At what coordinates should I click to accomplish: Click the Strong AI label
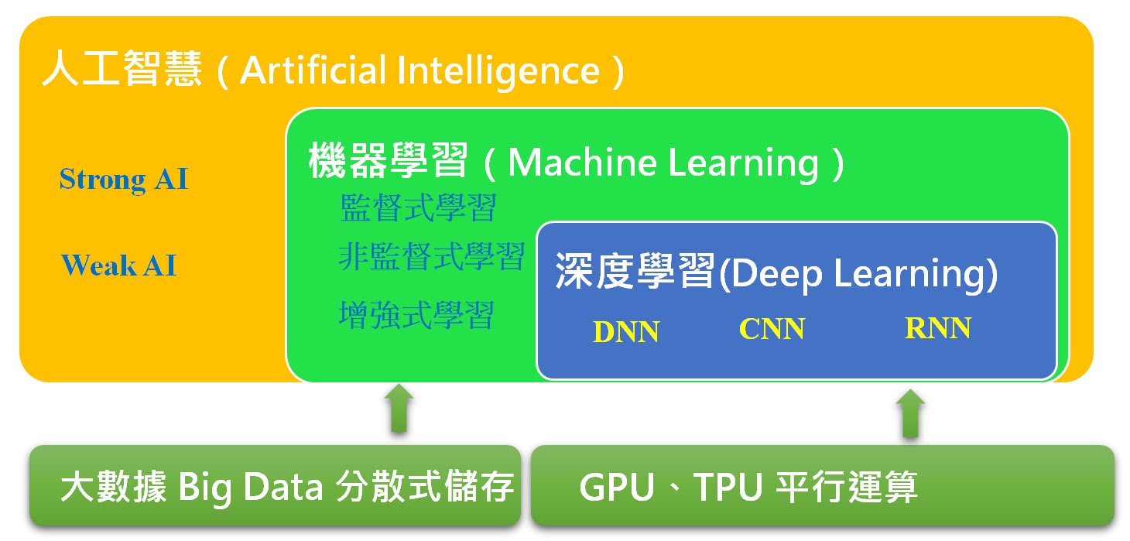tap(124, 180)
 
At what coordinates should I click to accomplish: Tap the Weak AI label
tap(119, 265)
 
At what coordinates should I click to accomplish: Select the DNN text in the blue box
tap(626, 332)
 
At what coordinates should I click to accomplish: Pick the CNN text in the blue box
tap(772, 329)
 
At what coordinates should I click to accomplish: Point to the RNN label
tap(938, 328)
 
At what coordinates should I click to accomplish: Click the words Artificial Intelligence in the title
tap(420, 70)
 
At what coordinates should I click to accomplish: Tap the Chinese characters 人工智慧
tap(122, 70)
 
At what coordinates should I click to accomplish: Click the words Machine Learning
tap(663, 163)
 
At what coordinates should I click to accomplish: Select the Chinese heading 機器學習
tap(389, 163)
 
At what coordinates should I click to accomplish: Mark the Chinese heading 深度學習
tap(634, 273)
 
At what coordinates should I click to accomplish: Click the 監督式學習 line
tap(418, 208)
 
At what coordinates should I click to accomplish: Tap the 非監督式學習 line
tap(432, 256)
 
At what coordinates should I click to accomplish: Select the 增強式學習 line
tap(416, 314)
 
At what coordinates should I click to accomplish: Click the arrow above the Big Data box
tap(399, 408)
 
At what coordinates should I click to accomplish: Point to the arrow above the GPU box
tap(910, 413)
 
